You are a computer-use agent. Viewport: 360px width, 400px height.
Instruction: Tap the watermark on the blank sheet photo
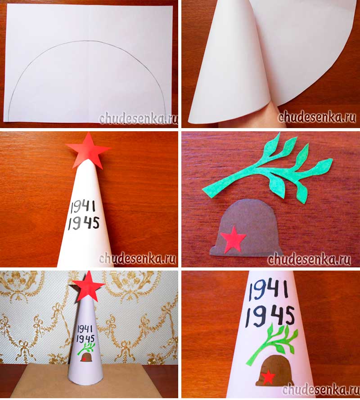138,119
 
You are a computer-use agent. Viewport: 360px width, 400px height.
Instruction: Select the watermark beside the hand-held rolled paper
317,117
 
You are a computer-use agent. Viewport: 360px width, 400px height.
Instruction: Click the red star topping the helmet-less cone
88,151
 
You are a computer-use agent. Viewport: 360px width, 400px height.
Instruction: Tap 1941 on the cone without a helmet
83,207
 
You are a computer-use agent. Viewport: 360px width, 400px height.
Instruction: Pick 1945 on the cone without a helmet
84,223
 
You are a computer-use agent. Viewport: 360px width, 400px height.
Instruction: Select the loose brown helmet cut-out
245,227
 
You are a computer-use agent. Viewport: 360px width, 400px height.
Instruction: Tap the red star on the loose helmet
233,239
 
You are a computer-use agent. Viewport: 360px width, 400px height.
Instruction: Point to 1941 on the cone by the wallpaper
85,329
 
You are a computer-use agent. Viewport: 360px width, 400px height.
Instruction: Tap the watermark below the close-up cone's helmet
320,389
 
